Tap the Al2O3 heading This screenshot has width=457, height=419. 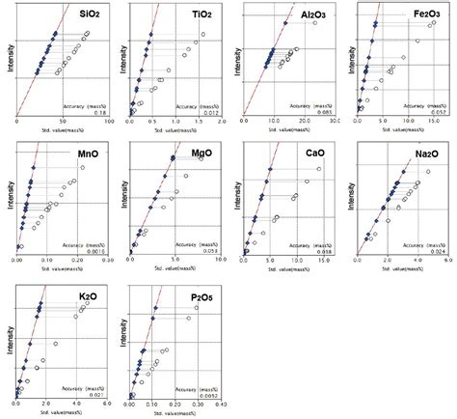coord(309,19)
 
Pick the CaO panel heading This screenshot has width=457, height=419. coord(311,154)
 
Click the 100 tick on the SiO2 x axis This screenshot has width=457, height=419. coord(106,122)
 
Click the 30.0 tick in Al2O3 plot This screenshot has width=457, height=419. coord(333,122)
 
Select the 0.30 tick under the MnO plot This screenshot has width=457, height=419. coord(106,260)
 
